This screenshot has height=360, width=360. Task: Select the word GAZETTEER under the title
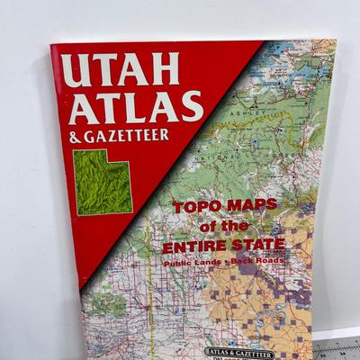[x=137, y=137]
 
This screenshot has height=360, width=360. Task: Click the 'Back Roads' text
[x=260, y=261]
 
